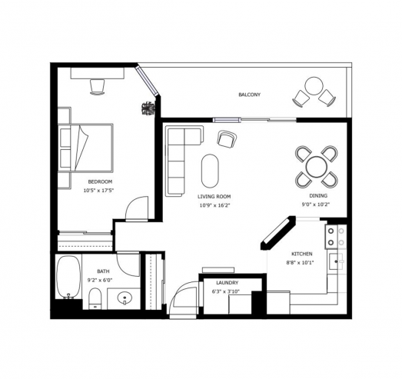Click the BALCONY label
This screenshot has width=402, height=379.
tap(250, 95)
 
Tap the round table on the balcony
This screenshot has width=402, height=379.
tap(314, 85)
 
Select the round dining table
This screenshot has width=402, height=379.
tap(317, 166)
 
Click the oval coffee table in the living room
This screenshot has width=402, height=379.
tap(211, 171)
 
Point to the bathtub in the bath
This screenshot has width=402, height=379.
tap(68, 277)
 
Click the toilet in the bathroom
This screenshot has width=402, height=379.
tap(95, 298)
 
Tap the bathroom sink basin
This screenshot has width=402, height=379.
tap(125, 298)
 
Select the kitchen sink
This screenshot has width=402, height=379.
tap(336, 261)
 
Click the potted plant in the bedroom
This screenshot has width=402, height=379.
tap(148, 108)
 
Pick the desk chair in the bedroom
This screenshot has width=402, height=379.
tap(98, 87)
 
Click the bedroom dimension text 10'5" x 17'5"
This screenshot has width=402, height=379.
tap(98, 191)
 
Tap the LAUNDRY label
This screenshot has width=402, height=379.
tap(228, 283)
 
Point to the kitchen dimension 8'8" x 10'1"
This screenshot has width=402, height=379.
tap(301, 263)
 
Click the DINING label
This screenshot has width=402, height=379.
tap(318, 196)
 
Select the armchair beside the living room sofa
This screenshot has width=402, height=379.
tap(227, 139)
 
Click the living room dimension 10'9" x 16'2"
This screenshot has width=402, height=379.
tap(215, 205)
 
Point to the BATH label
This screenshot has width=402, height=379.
tap(103, 271)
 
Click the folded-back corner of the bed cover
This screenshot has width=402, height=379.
tap(81, 148)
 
